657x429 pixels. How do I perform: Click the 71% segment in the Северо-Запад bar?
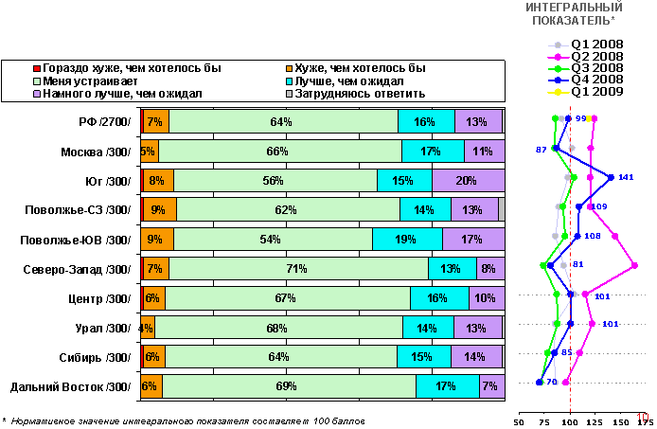[x=298, y=269]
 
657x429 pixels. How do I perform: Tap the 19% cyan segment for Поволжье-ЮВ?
[x=407, y=240]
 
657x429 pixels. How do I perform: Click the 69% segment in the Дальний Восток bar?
[x=289, y=386]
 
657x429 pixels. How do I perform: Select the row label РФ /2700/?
[x=105, y=122]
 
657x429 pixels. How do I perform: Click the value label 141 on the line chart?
[x=625, y=178]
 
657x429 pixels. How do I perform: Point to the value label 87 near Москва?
[x=542, y=151]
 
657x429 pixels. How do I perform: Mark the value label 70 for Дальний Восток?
[x=552, y=383]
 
